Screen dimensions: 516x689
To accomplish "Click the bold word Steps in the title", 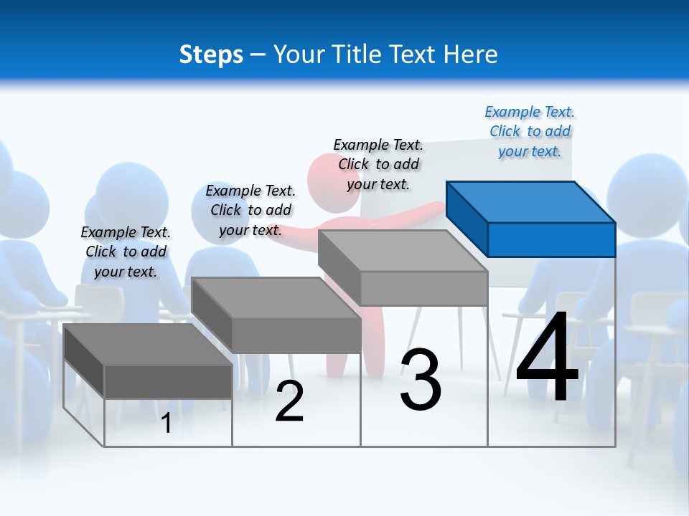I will coord(211,54).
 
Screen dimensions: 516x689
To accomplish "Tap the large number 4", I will coord(547,358).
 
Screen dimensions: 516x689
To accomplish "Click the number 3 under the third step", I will coord(421,380).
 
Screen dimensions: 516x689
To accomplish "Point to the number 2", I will coord(290,401).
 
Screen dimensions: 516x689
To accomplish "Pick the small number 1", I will coord(167,424).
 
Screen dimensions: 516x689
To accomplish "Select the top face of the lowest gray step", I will coord(147,344).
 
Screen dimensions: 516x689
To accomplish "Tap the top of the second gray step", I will coord(276,297).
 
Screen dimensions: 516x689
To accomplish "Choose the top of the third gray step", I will coord(403,251).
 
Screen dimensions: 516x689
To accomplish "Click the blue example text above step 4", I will coord(530,132).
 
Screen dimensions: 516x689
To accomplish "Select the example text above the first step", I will coord(126,252).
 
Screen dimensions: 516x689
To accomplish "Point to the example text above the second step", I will coord(250,211).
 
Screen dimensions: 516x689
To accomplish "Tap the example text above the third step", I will coord(378,165).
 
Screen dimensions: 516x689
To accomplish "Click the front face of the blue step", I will coord(551,239).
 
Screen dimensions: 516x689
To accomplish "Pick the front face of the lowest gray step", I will coord(168,381).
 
